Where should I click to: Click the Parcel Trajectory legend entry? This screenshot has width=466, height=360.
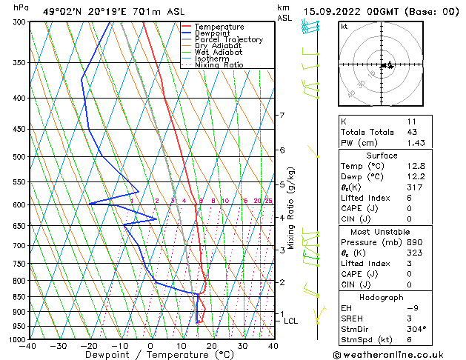[228, 39]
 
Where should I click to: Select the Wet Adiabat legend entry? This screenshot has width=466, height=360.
[219, 52]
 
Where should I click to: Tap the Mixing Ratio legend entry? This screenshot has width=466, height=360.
[219, 65]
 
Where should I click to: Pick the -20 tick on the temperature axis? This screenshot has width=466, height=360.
[89, 346]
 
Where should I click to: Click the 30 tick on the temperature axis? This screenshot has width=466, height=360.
[242, 346]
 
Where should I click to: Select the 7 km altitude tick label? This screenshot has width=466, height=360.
[282, 116]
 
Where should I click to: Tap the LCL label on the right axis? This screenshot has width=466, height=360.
[290, 321]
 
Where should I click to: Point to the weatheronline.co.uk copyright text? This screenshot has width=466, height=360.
[397, 353]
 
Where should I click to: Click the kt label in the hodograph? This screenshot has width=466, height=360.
[344, 26]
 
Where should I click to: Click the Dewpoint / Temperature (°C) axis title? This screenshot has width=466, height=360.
[150, 356]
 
